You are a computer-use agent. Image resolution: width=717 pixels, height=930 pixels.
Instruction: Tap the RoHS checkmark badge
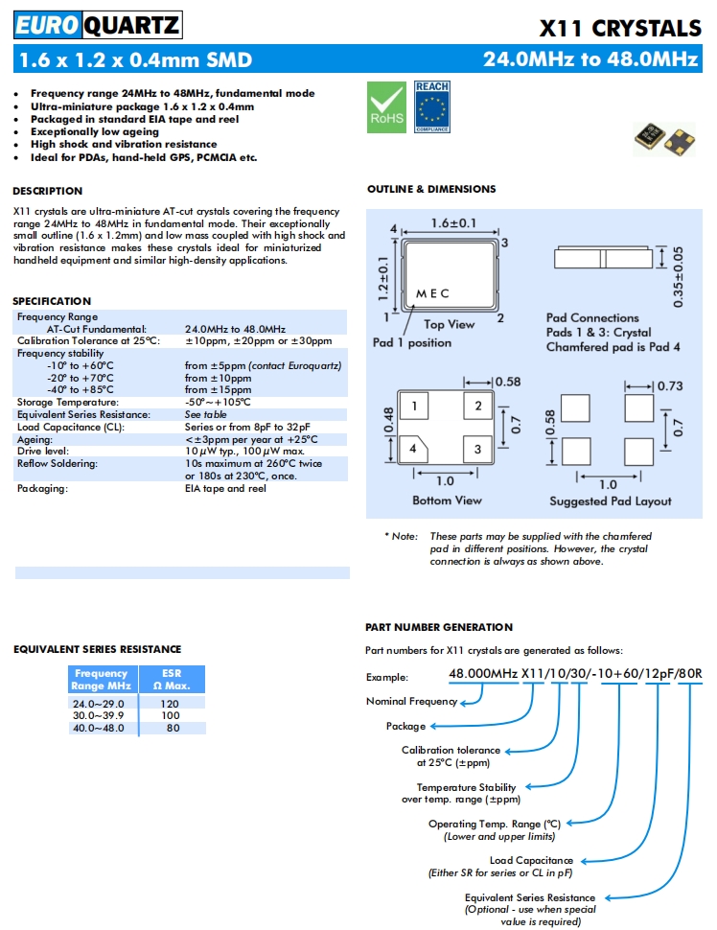387,107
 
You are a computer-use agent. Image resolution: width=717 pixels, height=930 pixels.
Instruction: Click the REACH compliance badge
431,107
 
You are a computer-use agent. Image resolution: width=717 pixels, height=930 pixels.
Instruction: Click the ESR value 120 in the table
173,703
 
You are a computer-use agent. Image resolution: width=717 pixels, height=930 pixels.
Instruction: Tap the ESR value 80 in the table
173,728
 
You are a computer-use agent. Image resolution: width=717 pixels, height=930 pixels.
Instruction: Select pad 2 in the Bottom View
478,406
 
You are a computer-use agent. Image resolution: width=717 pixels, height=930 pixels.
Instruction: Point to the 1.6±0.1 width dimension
452,223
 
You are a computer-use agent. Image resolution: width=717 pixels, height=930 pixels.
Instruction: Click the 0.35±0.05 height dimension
679,276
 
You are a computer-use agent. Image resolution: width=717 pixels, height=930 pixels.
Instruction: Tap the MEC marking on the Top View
432,293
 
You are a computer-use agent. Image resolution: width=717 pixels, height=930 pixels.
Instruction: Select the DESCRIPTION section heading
48,191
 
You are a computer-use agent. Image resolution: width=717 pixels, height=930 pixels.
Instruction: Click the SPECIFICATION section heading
52,301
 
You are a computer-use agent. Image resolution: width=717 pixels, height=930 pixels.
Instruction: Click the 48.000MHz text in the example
483,674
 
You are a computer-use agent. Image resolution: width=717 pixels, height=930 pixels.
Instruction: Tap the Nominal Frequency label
411,701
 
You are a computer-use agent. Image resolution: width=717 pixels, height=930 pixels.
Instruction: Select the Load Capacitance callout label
531,860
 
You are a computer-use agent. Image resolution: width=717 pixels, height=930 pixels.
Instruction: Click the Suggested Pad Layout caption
611,500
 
